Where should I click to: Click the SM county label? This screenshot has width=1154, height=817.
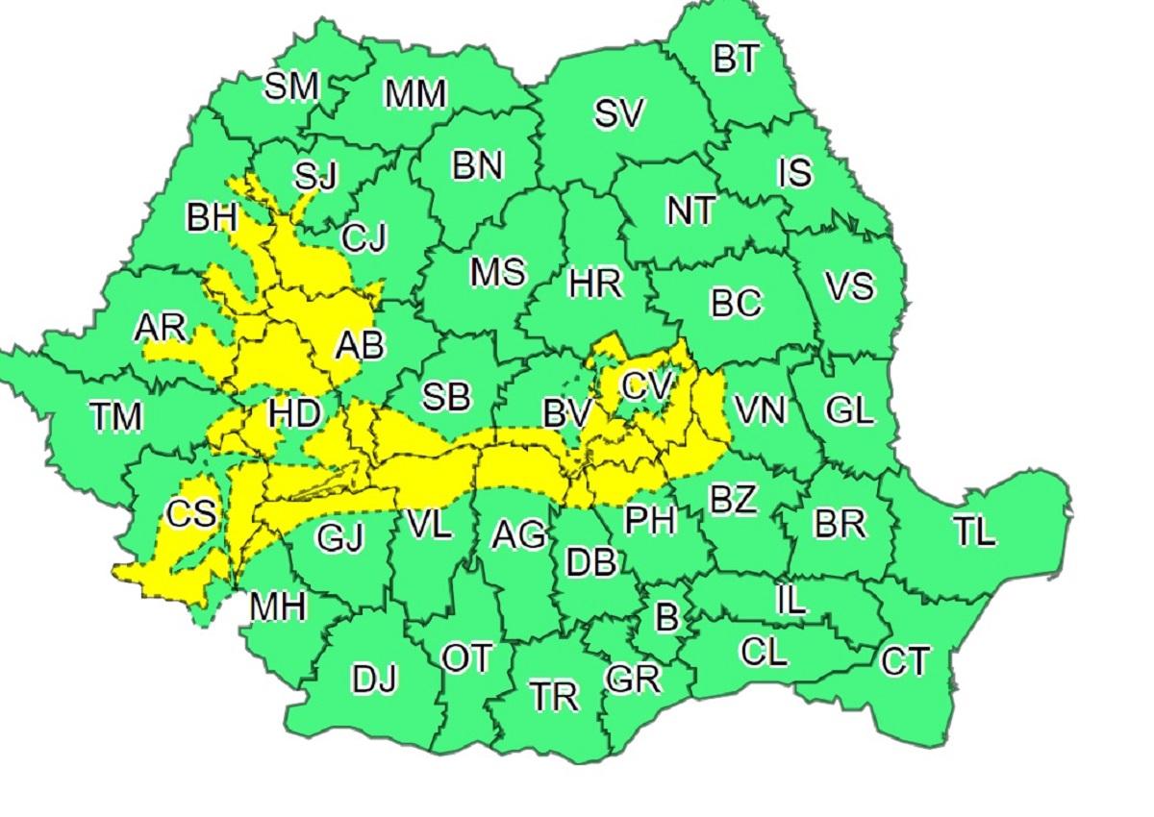[291, 87]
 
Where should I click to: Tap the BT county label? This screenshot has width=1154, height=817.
[736, 60]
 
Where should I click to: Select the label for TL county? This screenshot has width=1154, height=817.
[975, 532]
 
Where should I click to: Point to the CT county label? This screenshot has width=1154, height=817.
[905, 661]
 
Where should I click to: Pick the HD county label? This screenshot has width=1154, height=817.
[293, 414]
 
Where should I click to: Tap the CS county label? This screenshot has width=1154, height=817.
[189, 513]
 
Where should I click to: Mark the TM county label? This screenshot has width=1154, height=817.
[115, 416]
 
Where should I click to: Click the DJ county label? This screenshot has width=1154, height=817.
[374, 680]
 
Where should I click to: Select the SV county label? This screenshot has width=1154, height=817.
[618, 114]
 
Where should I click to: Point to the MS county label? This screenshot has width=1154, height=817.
[497, 272]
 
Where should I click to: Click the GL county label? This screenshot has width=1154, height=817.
[850, 410]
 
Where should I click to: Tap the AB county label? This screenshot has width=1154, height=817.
[359, 344]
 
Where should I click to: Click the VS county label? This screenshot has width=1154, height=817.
[850, 286]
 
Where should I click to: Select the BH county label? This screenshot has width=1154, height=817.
[212, 218]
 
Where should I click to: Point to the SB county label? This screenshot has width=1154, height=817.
[447, 395]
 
